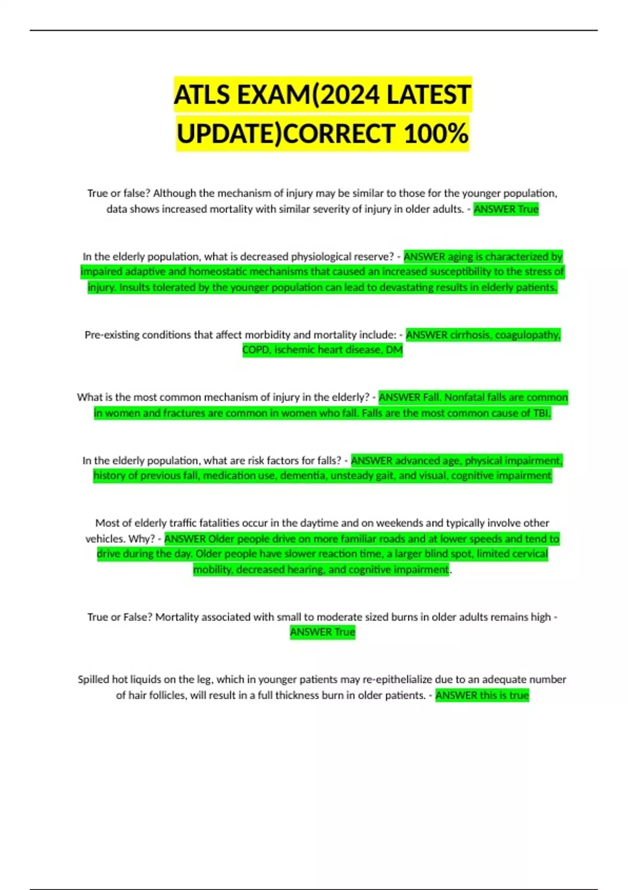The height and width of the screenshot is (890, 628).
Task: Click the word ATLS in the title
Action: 203,95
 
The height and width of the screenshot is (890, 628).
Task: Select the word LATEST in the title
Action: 429,95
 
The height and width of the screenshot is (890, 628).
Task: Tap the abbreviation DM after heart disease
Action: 394,350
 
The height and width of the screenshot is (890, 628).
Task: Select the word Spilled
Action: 93,680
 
